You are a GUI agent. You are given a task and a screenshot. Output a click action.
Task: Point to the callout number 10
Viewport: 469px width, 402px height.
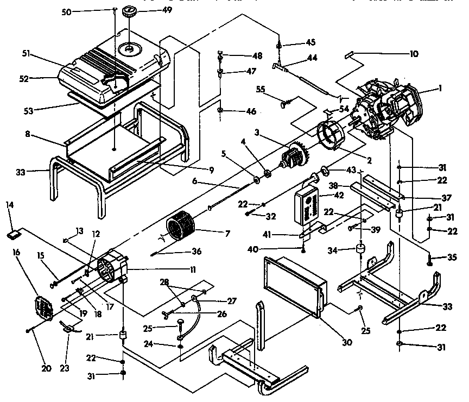coord(413,54)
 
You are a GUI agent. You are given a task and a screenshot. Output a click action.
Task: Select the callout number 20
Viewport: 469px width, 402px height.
coord(46,368)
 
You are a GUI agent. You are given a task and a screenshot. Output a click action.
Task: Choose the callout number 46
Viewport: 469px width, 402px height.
coord(251,111)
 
